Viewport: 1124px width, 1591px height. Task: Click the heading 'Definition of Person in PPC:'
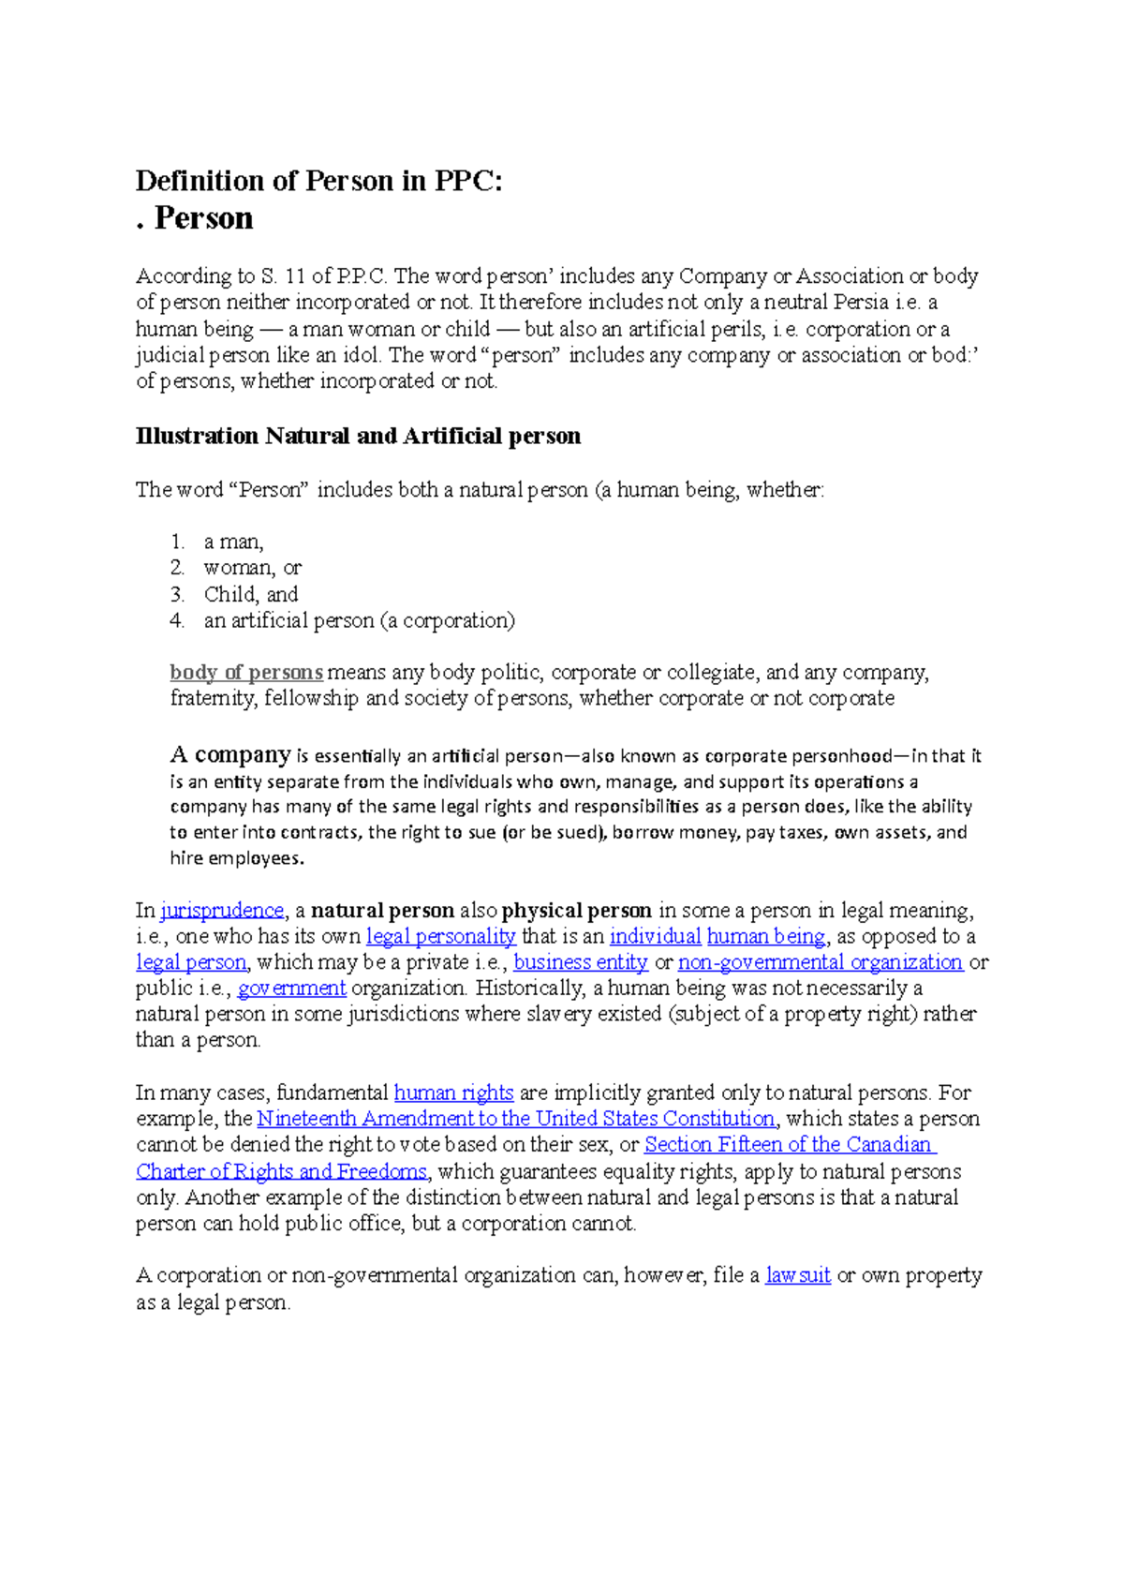pos(318,181)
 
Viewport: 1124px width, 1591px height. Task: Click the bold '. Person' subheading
pos(195,218)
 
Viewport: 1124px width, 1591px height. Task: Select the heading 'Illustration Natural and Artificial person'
pos(358,436)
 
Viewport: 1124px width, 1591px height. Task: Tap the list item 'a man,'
pos(233,542)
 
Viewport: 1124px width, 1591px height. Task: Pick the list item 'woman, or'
pos(252,568)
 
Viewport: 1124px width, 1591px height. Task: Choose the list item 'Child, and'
pos(250,594)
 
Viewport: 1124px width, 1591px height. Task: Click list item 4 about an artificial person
pos(359,620)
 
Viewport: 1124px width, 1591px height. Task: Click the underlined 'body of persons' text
pos(246,672)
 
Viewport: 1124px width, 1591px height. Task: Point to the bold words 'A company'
pos(230,754)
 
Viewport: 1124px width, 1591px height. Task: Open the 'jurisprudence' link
pos(222,910)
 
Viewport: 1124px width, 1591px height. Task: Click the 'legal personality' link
pos(440,936)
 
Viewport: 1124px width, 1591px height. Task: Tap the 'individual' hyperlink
pos(655,936)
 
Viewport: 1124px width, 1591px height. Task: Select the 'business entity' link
pos(581,962)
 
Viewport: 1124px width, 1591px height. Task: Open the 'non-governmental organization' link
pos(820,962)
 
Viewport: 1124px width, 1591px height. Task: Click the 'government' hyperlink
pos(291,988)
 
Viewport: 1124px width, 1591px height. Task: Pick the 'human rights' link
pos(453,1093)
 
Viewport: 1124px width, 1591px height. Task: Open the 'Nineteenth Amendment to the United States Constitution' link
pos(515,1119)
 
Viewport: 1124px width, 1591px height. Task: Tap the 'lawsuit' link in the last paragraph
pos(798,1275)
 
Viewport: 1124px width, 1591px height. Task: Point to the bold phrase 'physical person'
pos(576,910)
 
